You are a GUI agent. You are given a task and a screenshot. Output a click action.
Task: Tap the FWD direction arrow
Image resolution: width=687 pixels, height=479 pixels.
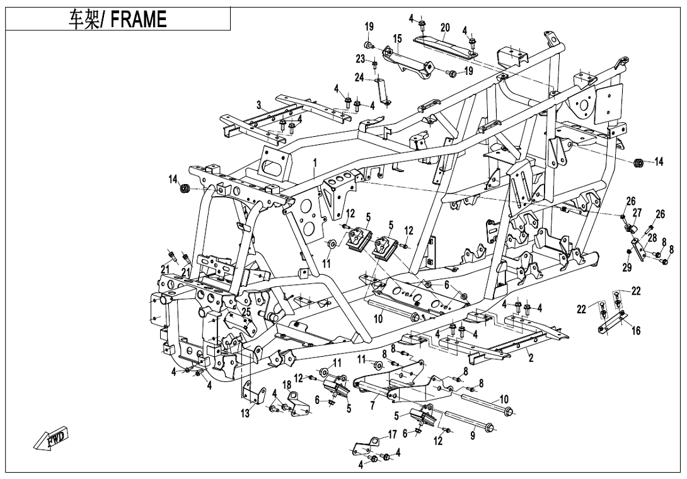53,439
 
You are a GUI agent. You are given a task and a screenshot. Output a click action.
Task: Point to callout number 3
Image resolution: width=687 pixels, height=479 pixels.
258,104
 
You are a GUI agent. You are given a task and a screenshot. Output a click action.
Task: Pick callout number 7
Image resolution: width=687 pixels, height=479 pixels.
372,405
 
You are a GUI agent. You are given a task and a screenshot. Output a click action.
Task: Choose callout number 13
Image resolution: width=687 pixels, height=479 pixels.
245,413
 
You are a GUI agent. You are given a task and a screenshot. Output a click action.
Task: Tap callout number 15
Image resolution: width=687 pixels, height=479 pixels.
397,39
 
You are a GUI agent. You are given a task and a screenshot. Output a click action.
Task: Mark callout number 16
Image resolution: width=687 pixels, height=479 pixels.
636,331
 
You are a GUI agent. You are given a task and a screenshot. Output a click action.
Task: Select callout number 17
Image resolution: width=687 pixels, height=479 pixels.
392,434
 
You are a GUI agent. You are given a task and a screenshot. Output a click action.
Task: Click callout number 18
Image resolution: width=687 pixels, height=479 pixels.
287,384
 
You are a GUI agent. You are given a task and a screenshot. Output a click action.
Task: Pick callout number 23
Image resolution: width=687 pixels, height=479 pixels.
361,59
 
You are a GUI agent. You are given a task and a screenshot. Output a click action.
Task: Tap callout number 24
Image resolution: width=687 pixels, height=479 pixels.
359,78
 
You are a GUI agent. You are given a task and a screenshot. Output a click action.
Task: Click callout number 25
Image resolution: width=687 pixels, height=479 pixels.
246,311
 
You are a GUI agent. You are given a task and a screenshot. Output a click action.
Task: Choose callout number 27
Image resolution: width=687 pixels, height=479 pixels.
637,212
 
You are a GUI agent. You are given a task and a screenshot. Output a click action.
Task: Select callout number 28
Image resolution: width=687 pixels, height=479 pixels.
651,238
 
